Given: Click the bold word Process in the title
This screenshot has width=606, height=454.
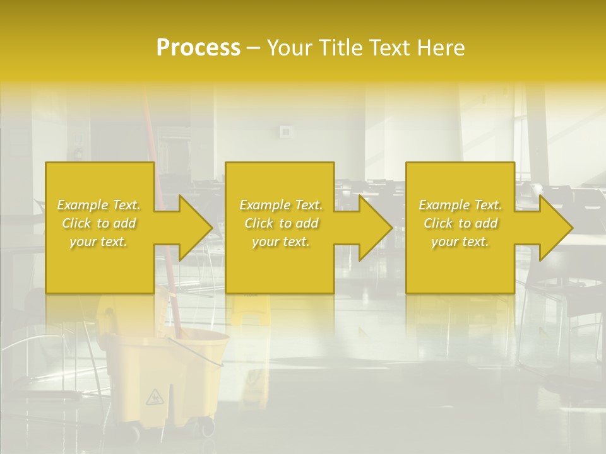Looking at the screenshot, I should [x=198, y=48].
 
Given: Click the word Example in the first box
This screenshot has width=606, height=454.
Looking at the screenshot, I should [x=83, y=205].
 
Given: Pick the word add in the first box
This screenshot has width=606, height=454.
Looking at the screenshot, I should [x=125, y=223].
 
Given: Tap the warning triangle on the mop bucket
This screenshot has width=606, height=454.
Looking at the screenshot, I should [x=153, y=397].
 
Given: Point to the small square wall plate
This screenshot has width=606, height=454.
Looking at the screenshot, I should [x=286, y=132].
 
